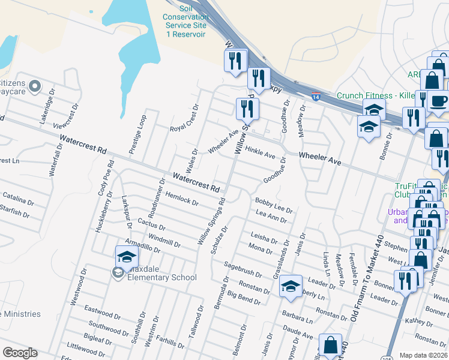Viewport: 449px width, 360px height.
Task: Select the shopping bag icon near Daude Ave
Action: coord(330,345)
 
